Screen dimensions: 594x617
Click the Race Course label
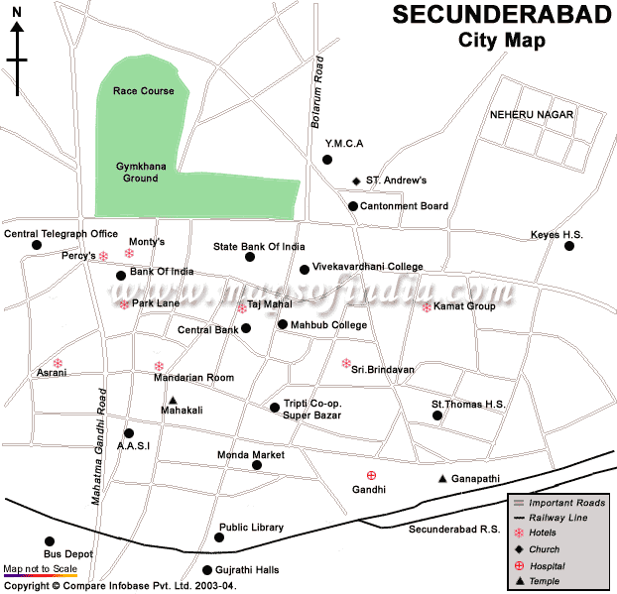coord(143,91)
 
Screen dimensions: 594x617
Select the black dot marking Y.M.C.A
coord(327,160)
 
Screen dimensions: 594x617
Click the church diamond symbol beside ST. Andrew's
coord(356,180)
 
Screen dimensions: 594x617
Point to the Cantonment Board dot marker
coord(352,206)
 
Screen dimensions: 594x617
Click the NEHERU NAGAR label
coord(532,115)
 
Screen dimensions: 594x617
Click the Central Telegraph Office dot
coord(37,245)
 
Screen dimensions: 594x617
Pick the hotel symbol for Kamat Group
coord(427,306)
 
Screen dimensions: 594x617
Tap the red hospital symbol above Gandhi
coord(372,476)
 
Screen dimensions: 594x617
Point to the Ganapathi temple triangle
coord(442,479)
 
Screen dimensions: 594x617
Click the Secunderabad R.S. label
coord(454,530)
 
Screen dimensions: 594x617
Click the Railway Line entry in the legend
coord(560,518)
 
